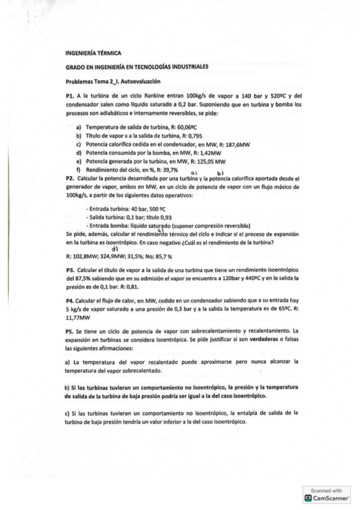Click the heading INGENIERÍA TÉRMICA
pos(93,53)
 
